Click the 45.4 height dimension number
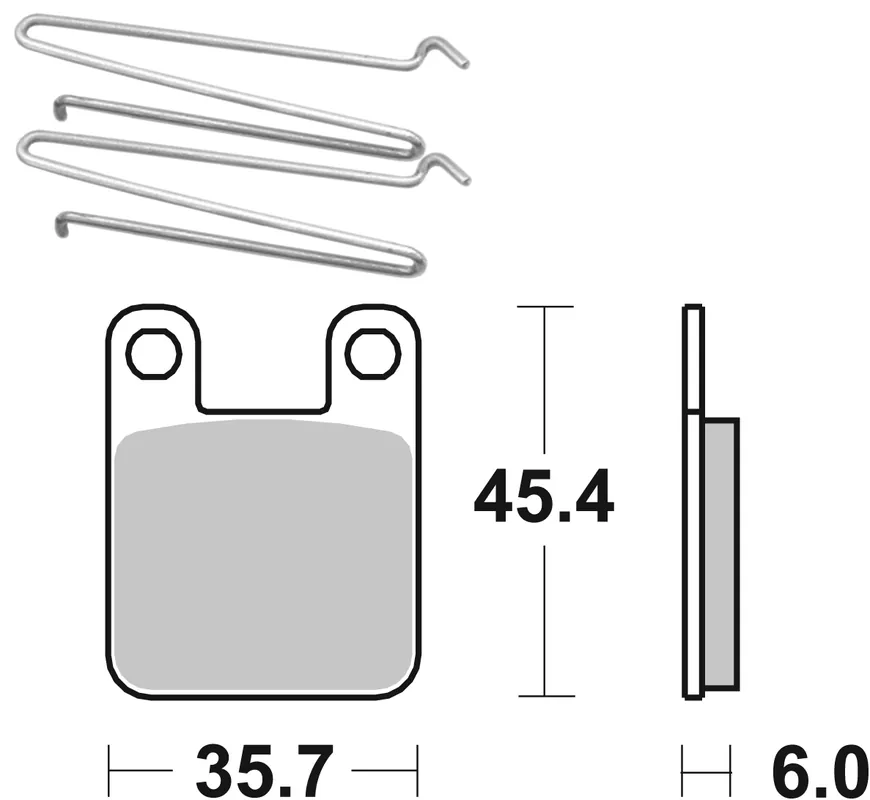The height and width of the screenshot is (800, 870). click(x=543, y=499)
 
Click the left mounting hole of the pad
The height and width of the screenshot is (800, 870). click(x=153, y=353)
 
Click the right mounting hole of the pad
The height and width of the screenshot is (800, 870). click(x=372, y=353)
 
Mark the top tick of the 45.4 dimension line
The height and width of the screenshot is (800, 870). click(x=544, y=306)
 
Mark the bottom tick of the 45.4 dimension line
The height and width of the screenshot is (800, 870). click(x=544, y=695)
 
